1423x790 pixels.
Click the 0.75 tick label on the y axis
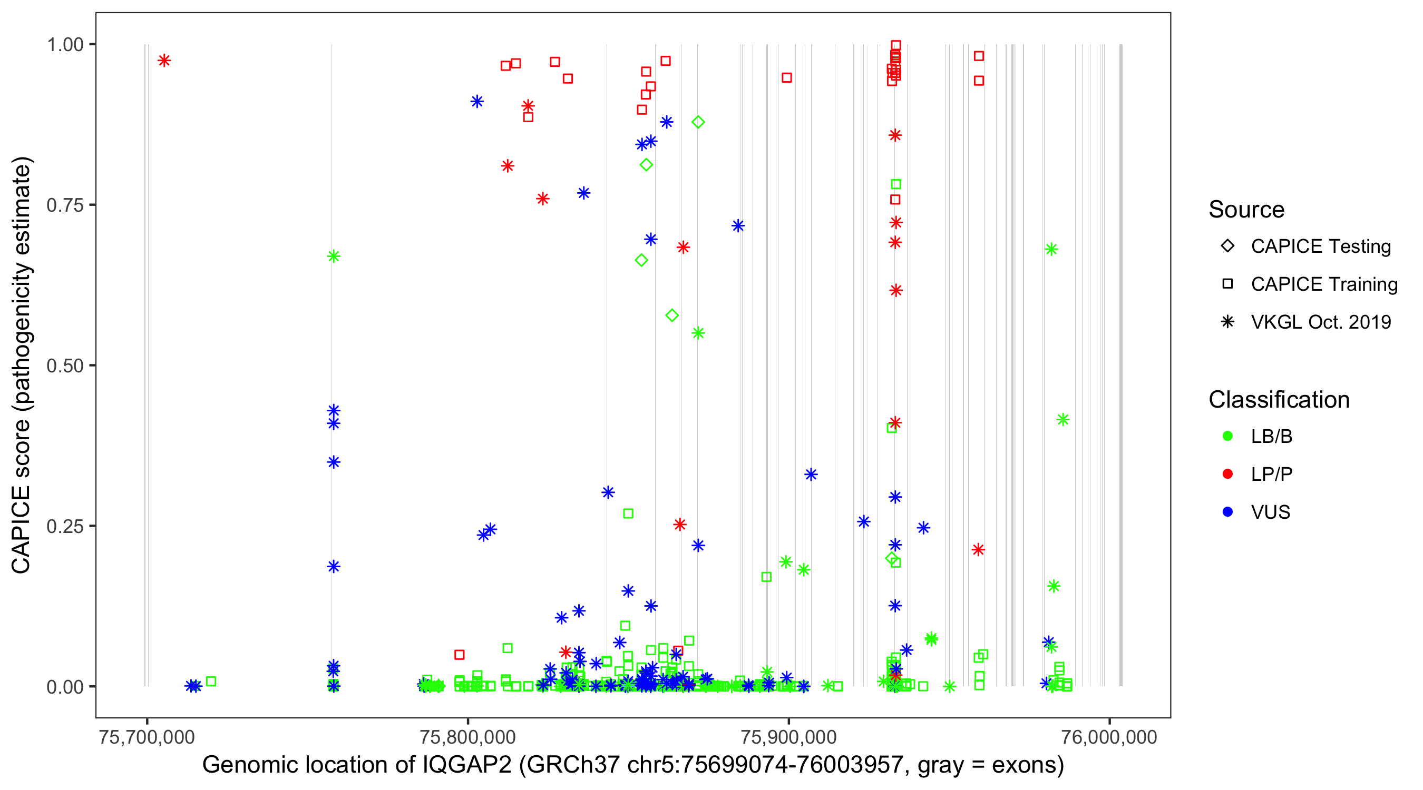64,205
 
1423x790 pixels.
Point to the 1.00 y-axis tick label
64,45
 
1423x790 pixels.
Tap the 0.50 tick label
64,366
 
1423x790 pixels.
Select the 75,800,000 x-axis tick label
467,737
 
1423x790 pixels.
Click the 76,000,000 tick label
1109,737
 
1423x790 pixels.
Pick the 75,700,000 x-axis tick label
147,737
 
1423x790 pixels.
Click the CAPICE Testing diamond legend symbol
1227,245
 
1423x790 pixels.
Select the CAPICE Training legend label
1324,284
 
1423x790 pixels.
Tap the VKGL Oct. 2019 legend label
1321,322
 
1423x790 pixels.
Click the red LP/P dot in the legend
1227,474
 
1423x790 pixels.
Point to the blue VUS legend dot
1227,512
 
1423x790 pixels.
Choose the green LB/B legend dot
1227,436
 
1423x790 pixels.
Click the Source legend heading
1246,210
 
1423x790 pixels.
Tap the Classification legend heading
1279,400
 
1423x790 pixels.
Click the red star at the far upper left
164,61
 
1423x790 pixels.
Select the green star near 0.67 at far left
334,256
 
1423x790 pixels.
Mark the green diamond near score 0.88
698,122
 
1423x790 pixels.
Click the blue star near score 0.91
477,102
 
